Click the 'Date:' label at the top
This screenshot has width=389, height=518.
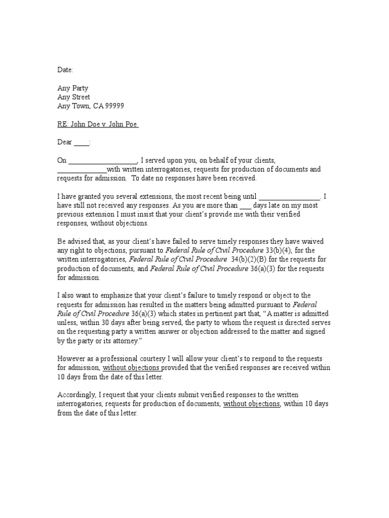tap(65, 70)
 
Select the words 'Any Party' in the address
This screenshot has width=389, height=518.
tap(72, 88)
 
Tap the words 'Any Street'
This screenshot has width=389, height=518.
tap(73, 97)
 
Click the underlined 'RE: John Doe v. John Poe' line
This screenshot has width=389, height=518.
tap(97, 124)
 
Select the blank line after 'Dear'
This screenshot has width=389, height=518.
tap(81, 143)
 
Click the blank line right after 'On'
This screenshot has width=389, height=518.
tap(103, 161)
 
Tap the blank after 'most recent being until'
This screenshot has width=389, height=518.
tap(290, 197)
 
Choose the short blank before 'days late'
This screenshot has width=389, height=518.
tap(245, 206)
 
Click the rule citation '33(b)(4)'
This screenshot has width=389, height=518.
tap(279, 250)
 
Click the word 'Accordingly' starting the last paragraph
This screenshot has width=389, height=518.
tap(76, 395)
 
